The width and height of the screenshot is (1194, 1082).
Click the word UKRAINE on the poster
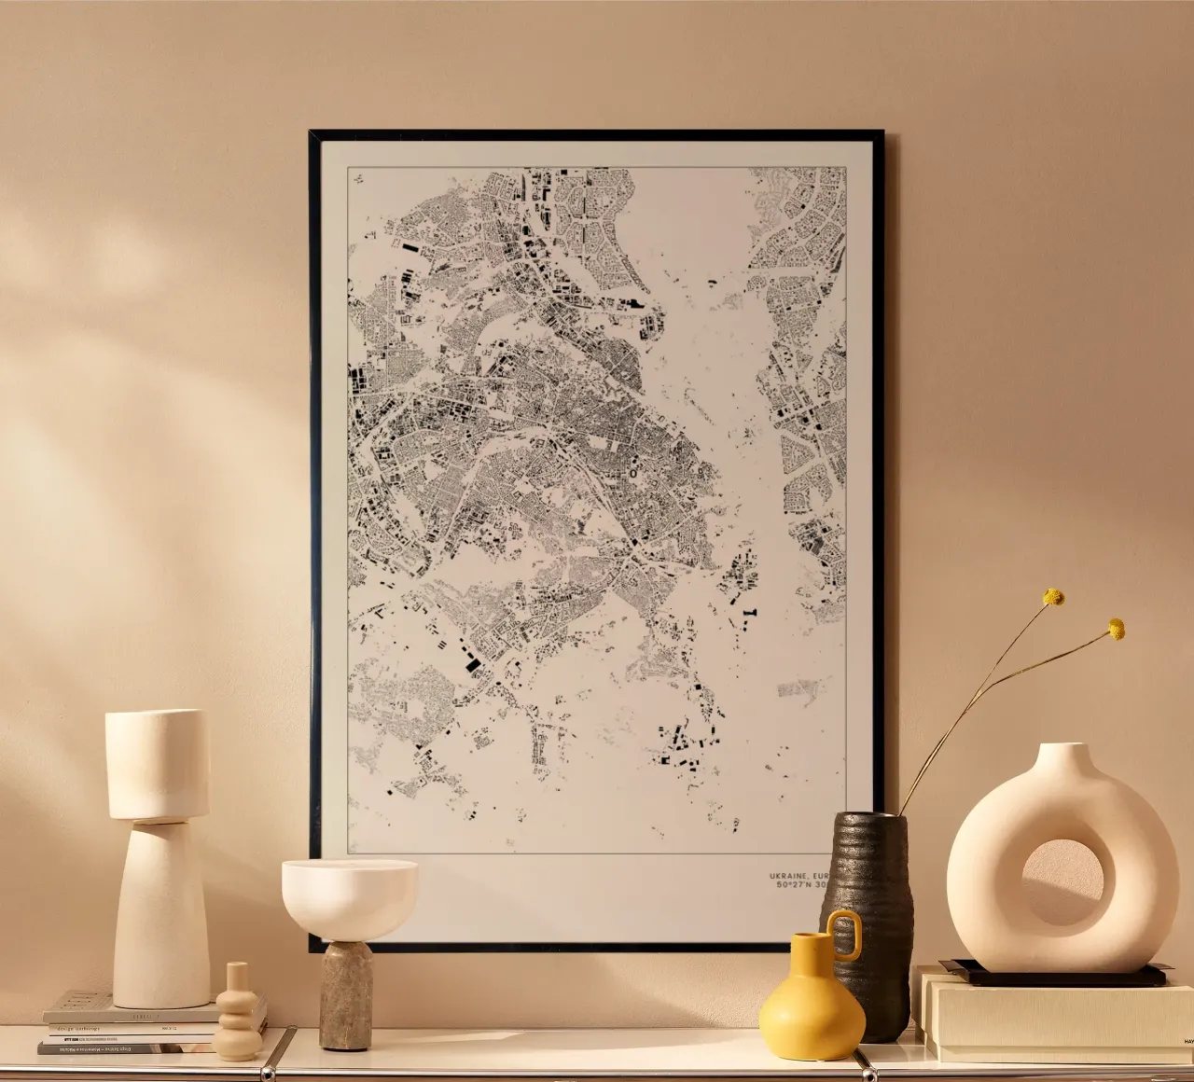pos(789,876)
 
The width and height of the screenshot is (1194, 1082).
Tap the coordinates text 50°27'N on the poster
pos(795,886)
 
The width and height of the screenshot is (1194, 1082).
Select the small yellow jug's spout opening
pos(807,938)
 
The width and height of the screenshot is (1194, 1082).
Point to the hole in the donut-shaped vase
pos(1061,881)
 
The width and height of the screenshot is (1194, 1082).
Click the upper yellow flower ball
pos(1053,597)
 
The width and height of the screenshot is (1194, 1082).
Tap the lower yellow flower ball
pos(1116,630)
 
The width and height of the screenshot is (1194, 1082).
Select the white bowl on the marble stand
pos(349,895)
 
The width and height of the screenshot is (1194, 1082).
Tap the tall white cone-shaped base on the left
pos(160,914)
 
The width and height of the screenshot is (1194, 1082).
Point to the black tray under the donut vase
pos(1054,976)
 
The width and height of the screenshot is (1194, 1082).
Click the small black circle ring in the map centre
pos(632,474)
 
